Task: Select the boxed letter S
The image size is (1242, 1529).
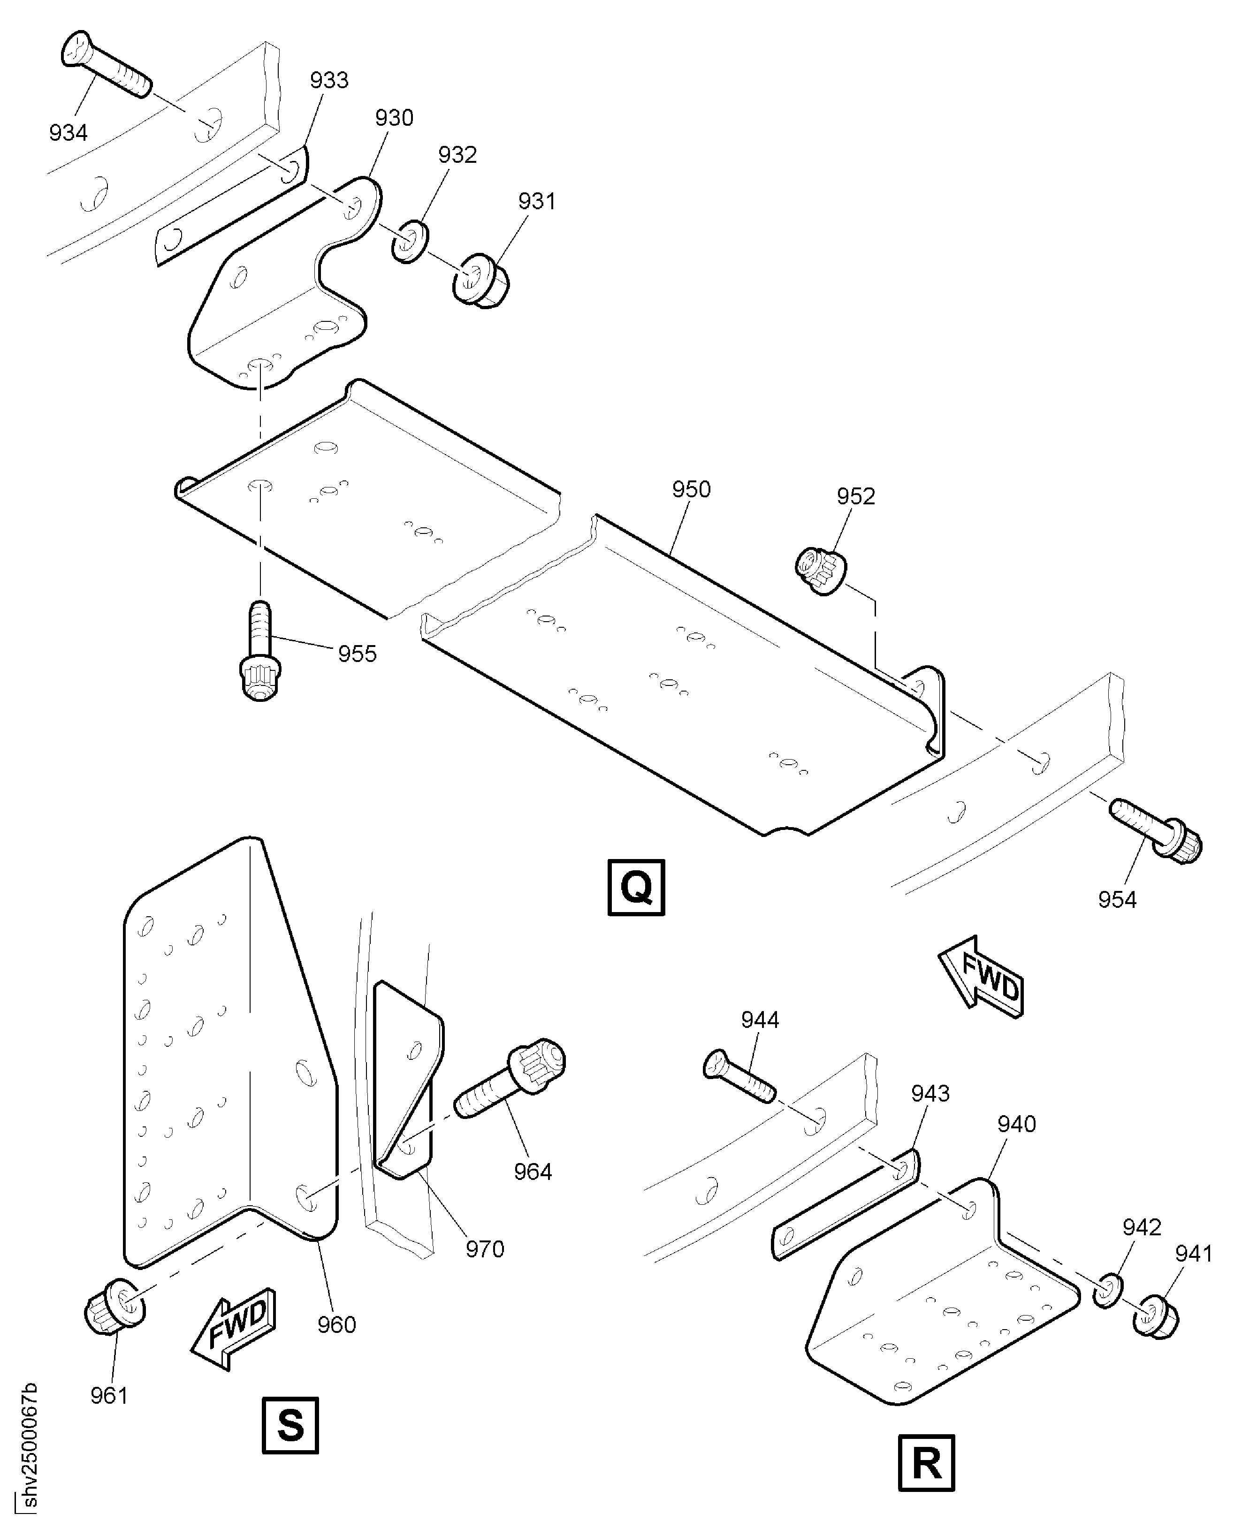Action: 290,1424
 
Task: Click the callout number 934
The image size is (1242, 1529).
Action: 69,132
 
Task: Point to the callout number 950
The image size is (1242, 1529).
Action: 691,489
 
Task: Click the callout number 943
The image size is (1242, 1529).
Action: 930,1093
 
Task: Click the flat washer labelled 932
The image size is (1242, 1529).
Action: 409,242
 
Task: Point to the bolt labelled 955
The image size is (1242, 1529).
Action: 259,651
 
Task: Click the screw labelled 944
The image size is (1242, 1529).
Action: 740,1075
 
